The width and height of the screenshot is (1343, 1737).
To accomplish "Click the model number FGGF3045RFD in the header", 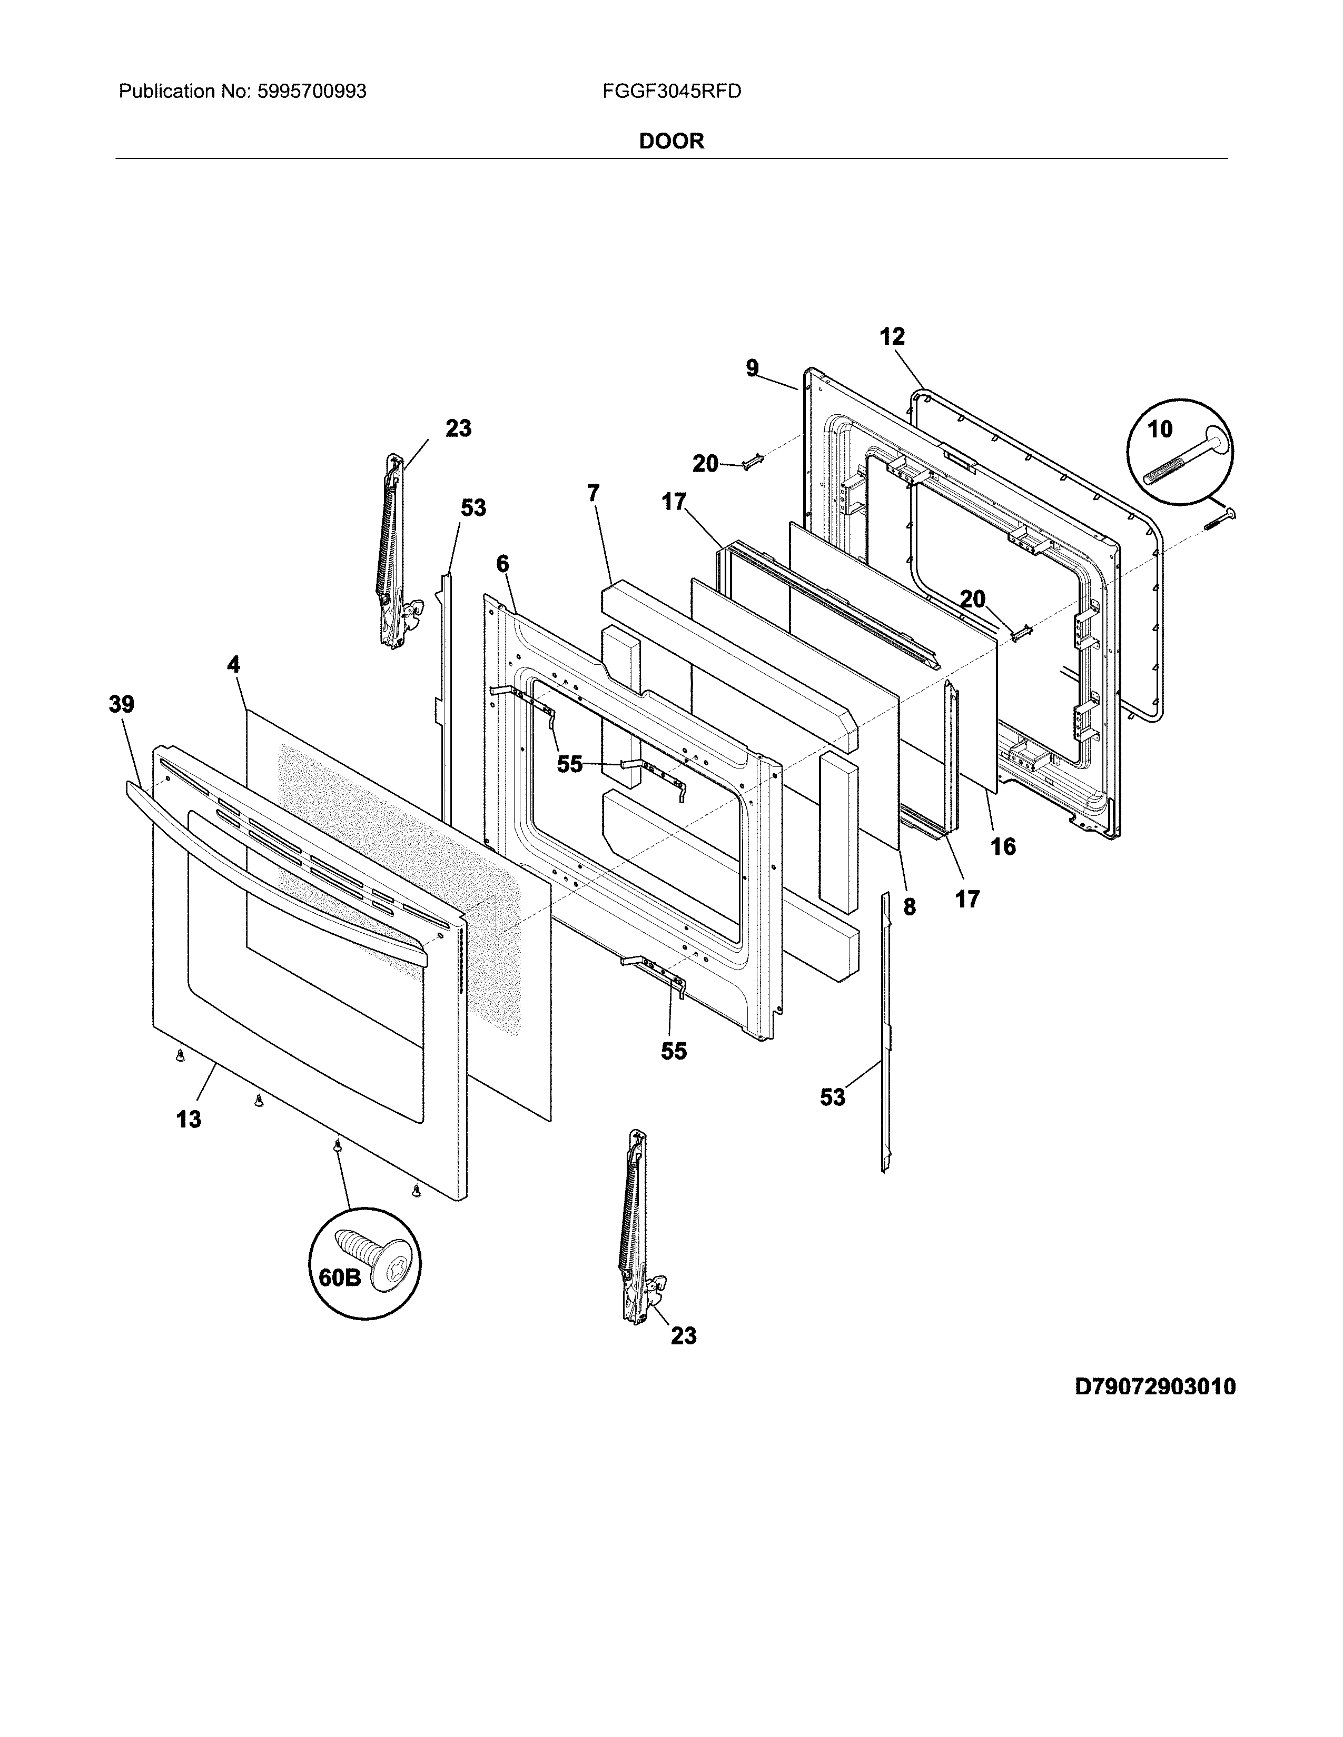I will pos(671,92).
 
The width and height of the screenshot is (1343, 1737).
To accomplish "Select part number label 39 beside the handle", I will pos(122,704).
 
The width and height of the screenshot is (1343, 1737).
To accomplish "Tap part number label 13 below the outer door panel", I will pos(189,1120).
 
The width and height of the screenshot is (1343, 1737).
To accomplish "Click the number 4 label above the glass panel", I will pos(233,664).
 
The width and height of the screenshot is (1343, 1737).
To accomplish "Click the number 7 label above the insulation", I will pos(594,493).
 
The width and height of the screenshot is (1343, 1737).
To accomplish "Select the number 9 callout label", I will pos(752,368).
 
